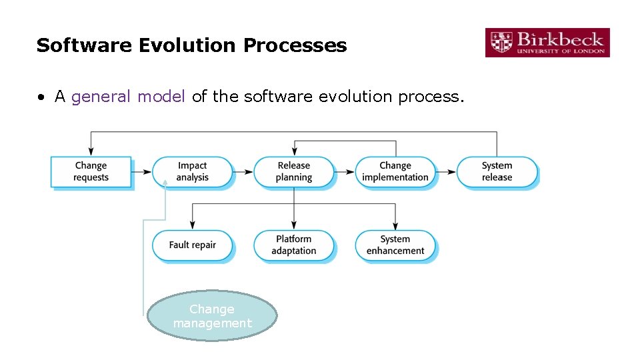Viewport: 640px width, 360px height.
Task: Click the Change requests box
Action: (91, 171)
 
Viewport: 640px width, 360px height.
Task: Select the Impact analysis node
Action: (193, 171)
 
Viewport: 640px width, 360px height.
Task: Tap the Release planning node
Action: (294, 171)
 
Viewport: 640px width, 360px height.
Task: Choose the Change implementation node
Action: (395, 171)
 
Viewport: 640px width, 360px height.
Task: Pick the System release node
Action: (497, 171)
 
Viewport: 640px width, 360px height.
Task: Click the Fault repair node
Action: (193, 245)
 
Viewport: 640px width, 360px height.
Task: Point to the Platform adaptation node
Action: (294, 245)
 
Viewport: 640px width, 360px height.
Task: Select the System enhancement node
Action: (395, 245)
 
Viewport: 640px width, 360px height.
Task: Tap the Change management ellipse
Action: (212, 316)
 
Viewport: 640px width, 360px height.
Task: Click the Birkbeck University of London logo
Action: (547, 42)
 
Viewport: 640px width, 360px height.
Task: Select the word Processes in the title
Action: (295, 45)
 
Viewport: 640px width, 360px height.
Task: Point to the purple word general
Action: (101, 97)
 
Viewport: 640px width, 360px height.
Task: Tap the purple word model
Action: (161, 97)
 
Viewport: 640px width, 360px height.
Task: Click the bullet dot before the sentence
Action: (41, 97)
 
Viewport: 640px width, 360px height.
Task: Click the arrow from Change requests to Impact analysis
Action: (141, 172)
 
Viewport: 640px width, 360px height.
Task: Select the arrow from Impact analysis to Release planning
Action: (243, 172)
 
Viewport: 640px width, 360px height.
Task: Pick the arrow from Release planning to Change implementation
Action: (344, 172)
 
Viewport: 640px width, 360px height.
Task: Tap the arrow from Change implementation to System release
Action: (445, 172)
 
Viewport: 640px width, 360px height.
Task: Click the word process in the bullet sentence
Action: (429, 97)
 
